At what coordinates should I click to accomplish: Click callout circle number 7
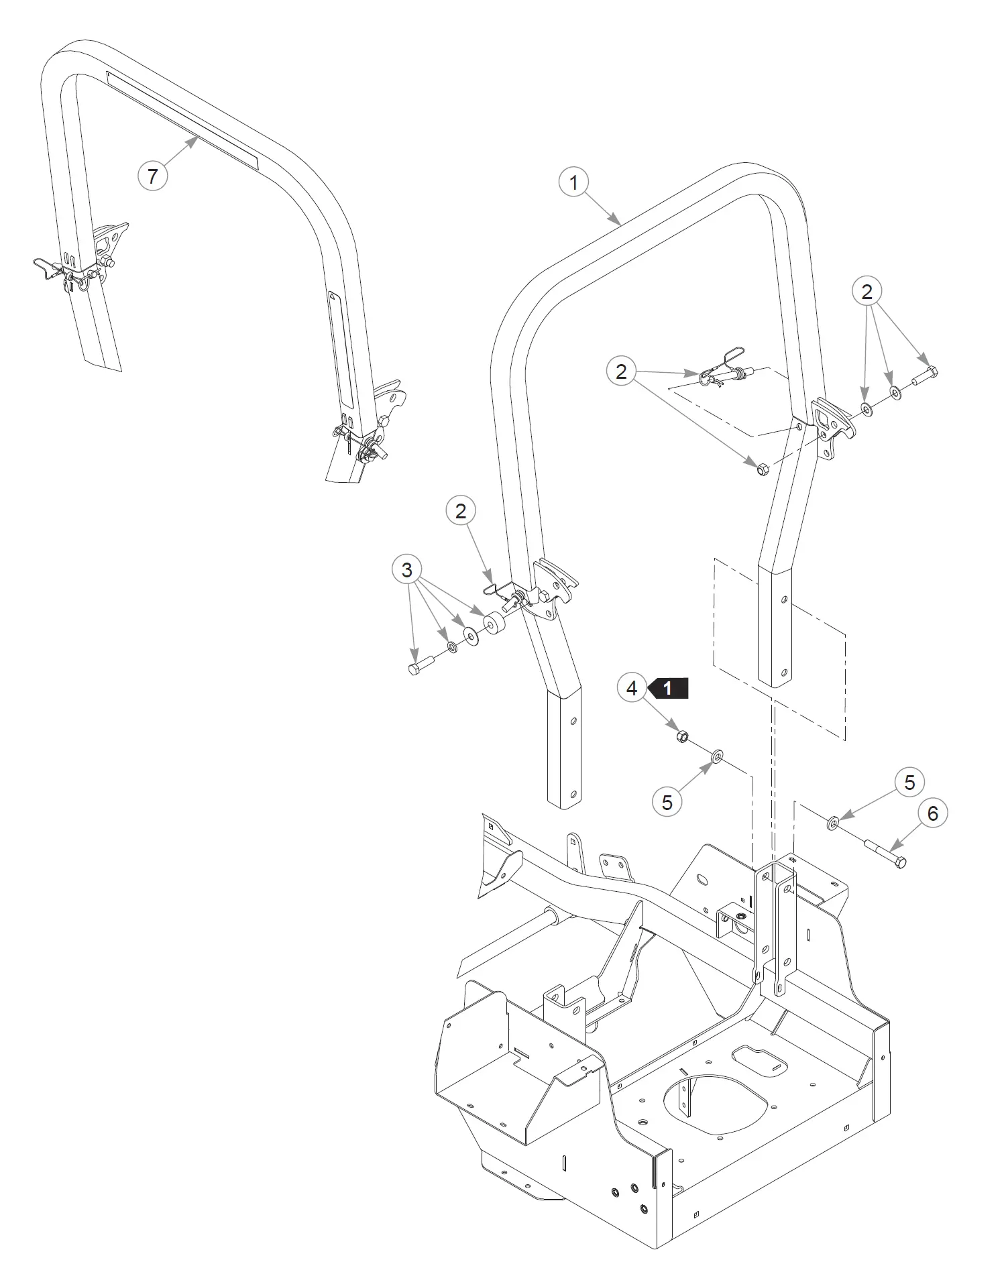pyautogui.click(x=152, y=176)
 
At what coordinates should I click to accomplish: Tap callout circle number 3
pyautogui.click(x=407, y=570)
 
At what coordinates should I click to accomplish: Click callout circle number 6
pyautogui.click(x=932, y=813)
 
